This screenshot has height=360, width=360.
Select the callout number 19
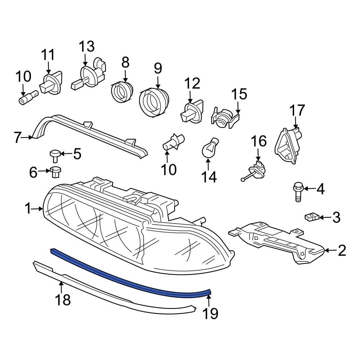coord(211,314)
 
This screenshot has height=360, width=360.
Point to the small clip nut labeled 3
coord(311,217)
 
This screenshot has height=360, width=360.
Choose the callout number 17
coord(297,111)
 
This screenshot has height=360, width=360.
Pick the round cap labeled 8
coord(121,92)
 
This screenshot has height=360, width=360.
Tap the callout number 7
coord(18,138)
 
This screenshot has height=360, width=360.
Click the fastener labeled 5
coord(54,155)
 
